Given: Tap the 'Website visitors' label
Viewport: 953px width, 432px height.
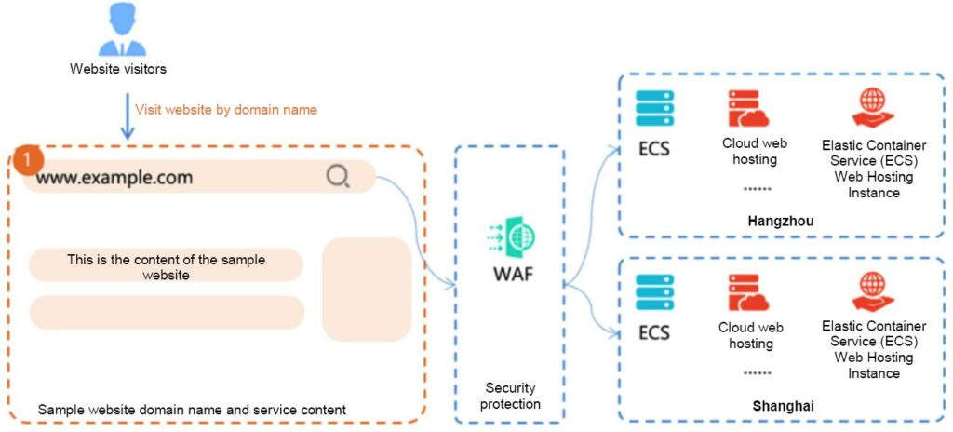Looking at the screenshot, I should [x=118, y=69].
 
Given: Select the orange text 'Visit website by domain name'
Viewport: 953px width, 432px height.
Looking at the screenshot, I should [x=226, y=110].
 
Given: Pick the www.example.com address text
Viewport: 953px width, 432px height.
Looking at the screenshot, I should [x=114, y=177].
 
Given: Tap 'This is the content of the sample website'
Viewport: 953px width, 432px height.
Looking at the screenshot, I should [x=166, y=267].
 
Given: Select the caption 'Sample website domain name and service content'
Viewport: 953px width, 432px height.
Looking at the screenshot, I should [x=192, y=410].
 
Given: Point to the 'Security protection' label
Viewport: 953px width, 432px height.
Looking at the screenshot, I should [x=511, y=396].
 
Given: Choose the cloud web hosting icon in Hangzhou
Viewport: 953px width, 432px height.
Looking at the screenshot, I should [x=749, y=109].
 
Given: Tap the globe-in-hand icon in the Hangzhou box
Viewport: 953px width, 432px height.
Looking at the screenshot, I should [x=873, y=108].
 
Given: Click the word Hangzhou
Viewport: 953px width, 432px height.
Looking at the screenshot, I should [x=781, y=222].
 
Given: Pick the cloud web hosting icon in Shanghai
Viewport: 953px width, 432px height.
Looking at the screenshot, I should [x=749, y=292].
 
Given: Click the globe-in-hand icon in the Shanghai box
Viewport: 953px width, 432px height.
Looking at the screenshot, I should [x=873, y=291].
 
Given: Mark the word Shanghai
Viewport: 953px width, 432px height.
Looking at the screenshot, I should [x=781, y=406].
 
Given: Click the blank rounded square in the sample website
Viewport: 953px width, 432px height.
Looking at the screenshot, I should [x=367, y=290].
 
